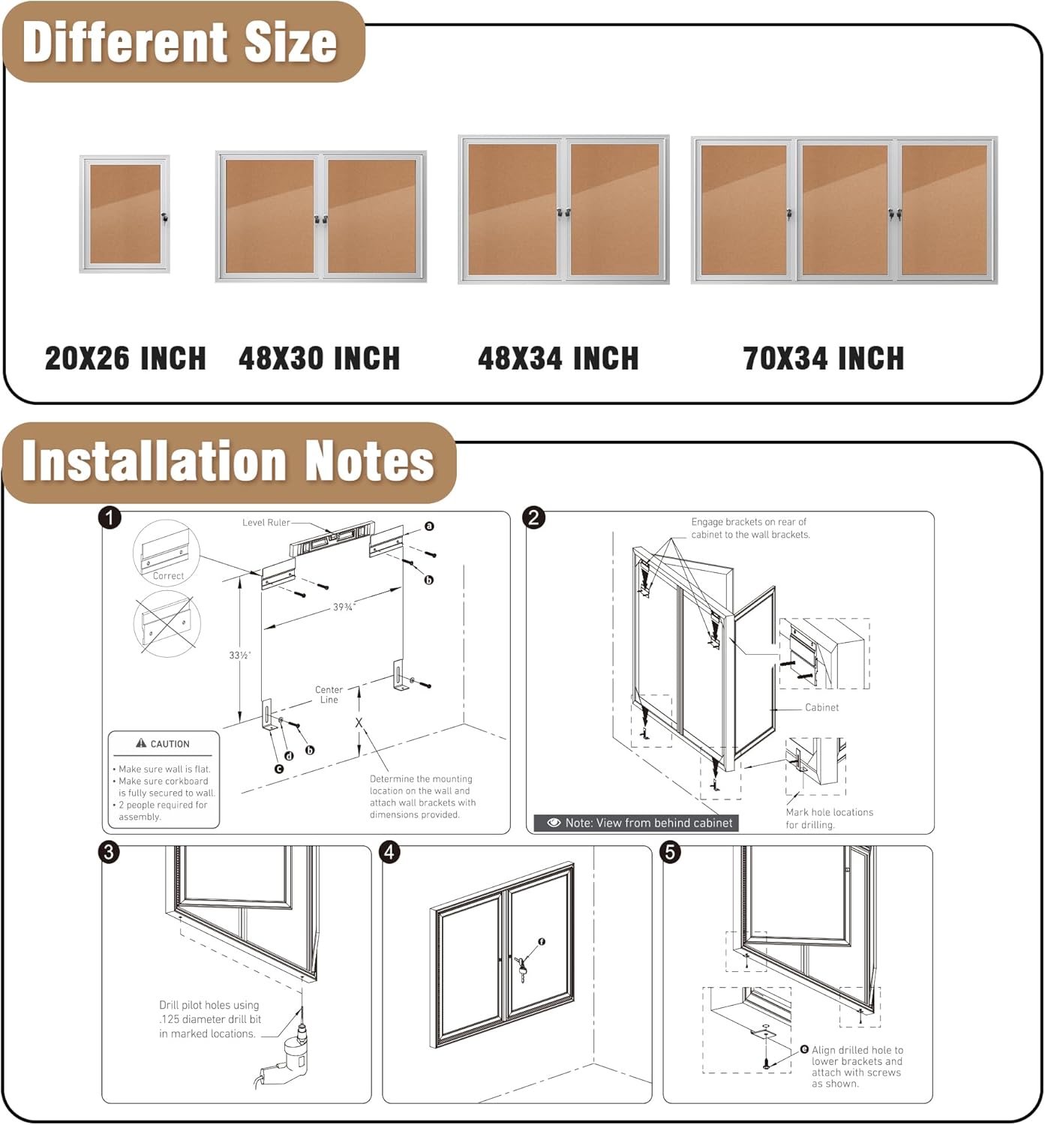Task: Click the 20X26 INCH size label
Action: (x=125, y=358)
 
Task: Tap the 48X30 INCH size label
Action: (x=319, y=358)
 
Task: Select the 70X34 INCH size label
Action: (x=823, y=358)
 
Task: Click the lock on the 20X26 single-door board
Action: (x=164, y=217)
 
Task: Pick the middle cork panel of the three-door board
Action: (x=845, y=210)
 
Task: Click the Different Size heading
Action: (x=180, y=42)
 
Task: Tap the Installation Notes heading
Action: (x=228, y=460)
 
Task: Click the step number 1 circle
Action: (x=110, y=517)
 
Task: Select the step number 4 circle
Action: (x=390, y=852)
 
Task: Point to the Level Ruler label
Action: (x=266, y=523)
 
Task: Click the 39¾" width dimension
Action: (x=344, y=607)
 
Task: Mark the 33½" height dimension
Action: (x=240, y=655)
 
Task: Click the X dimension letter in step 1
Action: (x=359, y=723)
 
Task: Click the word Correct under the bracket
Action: (x=168, y=576)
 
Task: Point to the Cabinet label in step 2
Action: (x=821, y=707)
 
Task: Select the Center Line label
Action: (x=329, y=694)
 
